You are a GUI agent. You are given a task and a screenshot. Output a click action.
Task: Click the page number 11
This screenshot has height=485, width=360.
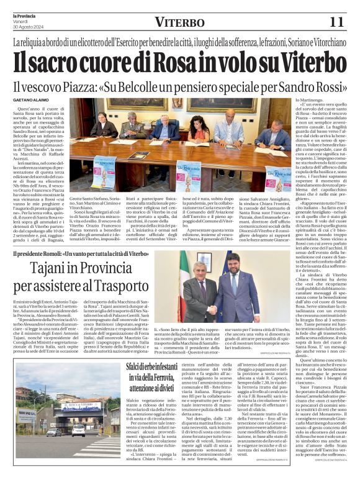(336, 22)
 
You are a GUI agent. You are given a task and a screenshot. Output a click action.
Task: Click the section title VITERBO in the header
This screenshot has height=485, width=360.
(179, 22)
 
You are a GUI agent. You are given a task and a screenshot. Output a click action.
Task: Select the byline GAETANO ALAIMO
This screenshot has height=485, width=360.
(30, 100)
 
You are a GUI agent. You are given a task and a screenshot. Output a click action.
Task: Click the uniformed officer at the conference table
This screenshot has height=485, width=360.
(134, 125)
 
